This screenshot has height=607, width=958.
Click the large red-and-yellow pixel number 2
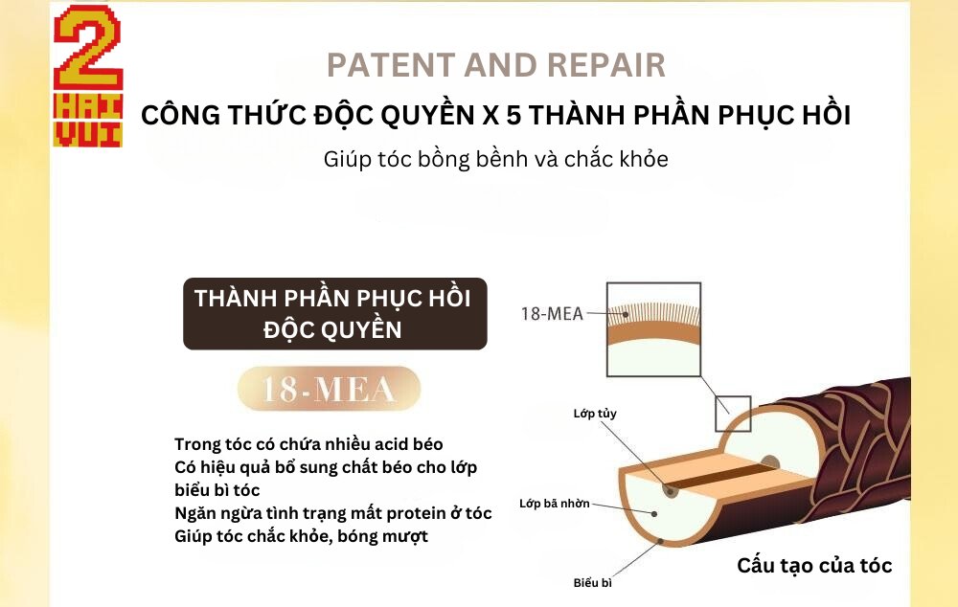[x=88, y=48]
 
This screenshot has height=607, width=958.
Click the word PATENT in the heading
[x=391, y=65]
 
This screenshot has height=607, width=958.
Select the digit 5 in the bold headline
[x=513, y=116]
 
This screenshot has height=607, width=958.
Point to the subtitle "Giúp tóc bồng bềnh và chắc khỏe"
[x=495, y=159]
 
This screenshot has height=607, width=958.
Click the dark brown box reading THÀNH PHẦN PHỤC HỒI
[x=334, y=314]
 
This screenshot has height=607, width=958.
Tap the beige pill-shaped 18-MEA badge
[x=329, y=389]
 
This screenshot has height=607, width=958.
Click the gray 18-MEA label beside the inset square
[x=552, y=314]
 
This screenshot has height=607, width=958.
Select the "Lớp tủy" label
[x=595, y=414]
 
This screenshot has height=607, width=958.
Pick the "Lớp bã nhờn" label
[x=554, y=504]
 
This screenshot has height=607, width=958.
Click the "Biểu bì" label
[x=592, y=582]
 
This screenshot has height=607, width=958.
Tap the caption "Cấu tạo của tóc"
[x=813, y=566]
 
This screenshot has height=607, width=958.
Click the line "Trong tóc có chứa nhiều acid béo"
[x=308, y=444]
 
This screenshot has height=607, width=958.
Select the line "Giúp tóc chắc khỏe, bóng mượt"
[x=301, y=536]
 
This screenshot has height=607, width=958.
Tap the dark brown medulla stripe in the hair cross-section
[x=721, y=477]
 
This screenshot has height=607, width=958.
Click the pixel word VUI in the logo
[x=87, y=134]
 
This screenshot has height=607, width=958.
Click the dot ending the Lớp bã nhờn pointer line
[x=654, y=514]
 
